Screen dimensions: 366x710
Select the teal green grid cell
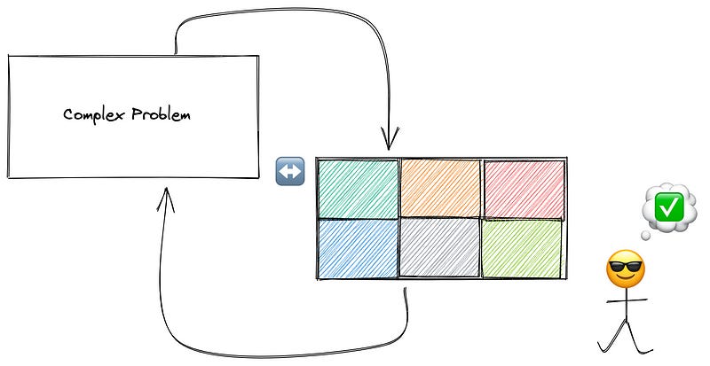(357, 189)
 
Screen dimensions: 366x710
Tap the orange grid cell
(440, 188)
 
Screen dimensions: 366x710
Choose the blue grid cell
(357, 249)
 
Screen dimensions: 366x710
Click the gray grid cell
(440, 249)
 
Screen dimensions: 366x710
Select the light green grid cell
(523, 249)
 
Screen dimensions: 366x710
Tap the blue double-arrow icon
(290, 171)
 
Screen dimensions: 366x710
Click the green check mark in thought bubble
(667, 206)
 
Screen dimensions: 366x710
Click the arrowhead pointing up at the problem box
(165, 200)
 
